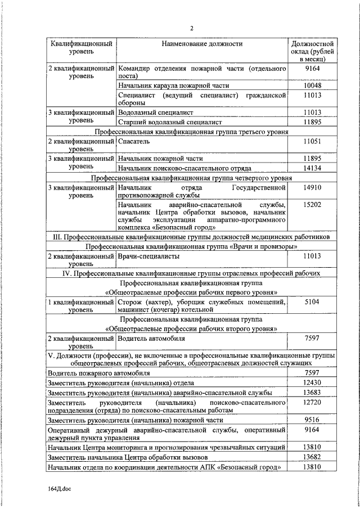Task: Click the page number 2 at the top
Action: click(191, 29)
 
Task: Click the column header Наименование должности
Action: click(202, 43)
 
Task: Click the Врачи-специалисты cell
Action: click(149, 256)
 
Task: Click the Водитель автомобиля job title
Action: click(151, 339)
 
